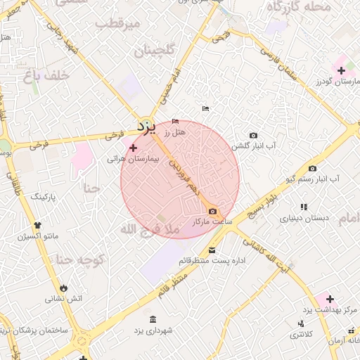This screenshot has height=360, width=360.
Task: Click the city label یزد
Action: tap(146, 127)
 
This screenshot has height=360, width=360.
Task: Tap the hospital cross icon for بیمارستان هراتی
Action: tap(134, 148)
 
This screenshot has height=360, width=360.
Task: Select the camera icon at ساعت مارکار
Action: tap(212, 212)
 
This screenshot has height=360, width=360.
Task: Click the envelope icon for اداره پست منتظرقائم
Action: tap(212, 250)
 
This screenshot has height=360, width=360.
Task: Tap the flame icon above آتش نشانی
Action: tap(65, 288)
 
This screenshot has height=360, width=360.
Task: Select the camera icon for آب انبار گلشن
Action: tap(253, 135)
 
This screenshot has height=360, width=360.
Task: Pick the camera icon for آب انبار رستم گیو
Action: tap(312, 168)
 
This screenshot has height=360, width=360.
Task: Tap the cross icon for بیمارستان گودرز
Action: tap(341, 70)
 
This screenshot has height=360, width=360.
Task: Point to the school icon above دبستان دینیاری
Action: tap(304, 207)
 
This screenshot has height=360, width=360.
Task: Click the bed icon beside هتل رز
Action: tap(175, 121)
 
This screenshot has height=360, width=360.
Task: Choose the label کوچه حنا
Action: tap(79, 260)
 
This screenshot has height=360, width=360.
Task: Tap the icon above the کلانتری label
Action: tap(301, 323)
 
